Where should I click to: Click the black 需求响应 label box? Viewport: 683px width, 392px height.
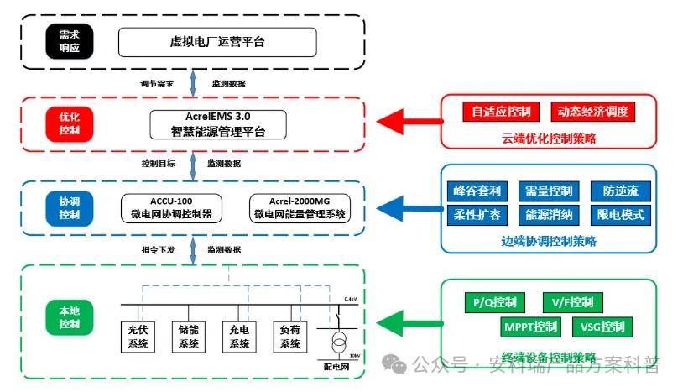[x=70, y=40]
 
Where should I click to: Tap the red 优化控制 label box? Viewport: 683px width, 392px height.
[x=70, y=123]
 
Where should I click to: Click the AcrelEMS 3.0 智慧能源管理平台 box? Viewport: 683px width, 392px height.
[x=218, y=123]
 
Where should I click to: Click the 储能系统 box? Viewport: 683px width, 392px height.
[x=188, y=337]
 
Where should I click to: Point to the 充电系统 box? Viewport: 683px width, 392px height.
[x=239, y=337]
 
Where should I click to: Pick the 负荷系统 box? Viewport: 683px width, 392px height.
[x=290, y=337]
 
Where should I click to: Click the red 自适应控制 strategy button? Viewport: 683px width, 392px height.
[x=501, y=112]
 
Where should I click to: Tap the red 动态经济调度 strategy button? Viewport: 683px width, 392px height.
[x=592, y=112]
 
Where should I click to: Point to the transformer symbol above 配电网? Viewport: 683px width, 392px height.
[x=340, y=343]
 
